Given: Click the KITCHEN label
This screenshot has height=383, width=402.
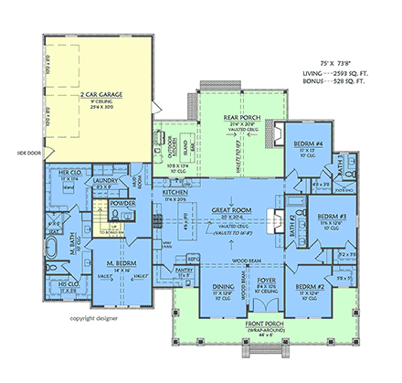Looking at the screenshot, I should (175, 193).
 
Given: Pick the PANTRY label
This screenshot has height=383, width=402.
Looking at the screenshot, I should (185, 271).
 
